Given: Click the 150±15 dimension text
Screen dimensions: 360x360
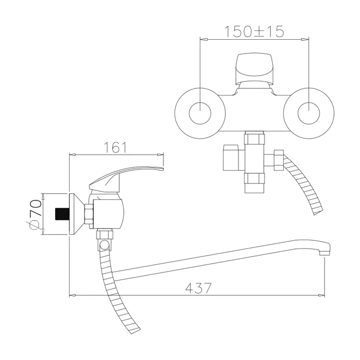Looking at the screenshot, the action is [254, 31].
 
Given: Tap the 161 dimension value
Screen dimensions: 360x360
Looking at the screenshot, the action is [115, 147].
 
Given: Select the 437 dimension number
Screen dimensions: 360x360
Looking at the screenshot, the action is [198, 288].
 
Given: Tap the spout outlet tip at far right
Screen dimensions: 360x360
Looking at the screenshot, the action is [325, 253].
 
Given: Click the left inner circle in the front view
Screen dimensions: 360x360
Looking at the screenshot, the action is [200, 113].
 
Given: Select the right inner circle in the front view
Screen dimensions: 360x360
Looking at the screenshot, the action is [309, 113].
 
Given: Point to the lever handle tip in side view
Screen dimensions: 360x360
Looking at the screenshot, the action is [162, 169].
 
